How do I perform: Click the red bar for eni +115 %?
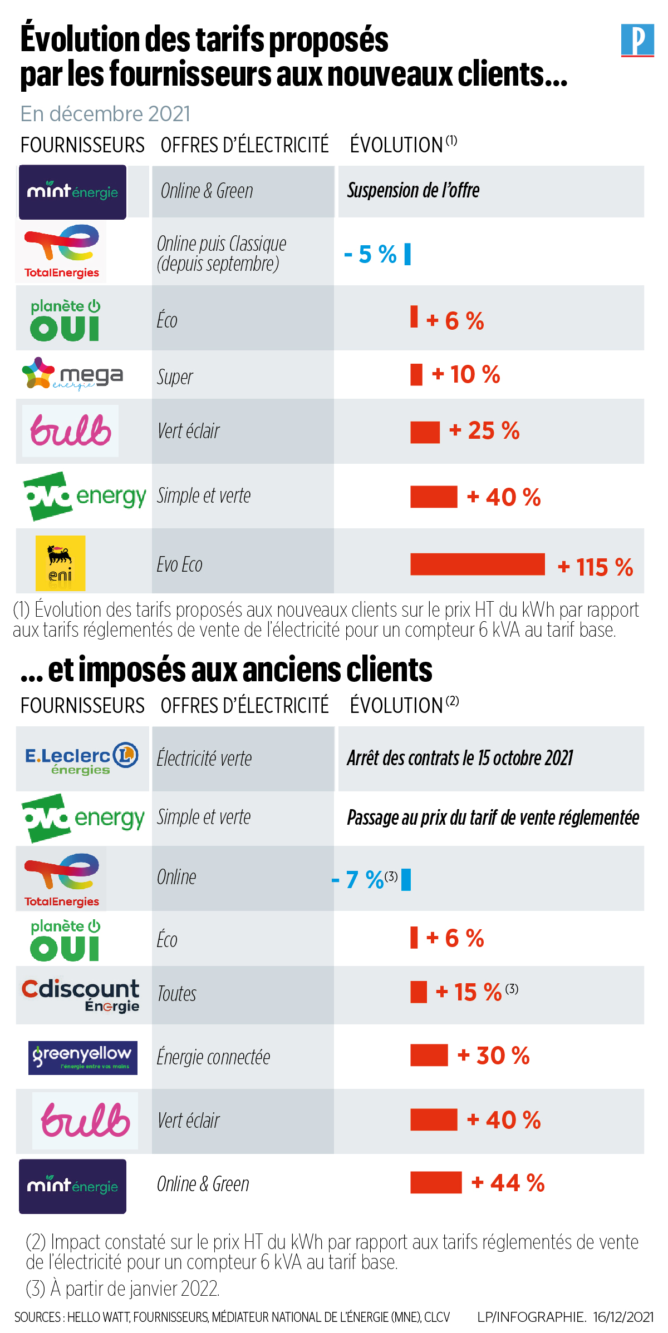(x=477, y=564)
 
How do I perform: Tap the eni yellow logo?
(x=60, y=563)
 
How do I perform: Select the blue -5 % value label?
(x=370, y=255)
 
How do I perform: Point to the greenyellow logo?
(x=82, y=1057)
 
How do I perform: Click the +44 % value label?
(x=508, y=1183)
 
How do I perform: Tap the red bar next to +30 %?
(x=429, y=1055)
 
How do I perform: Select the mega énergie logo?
(x=72, y=374)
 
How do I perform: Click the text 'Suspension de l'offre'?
(x=413, y=191)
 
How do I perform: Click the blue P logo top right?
(x=637, y=40)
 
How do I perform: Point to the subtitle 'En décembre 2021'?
(x=106, y=114)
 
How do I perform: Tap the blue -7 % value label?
(x=358, y=880)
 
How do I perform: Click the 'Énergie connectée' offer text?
(x=214, y=1057)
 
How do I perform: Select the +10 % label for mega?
(x=466, y=375)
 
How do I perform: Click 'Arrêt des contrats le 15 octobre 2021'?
(x=460, y=759)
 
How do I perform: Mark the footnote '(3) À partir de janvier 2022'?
(x=123, y=1289)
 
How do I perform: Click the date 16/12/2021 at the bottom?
(x=623, y=1317)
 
